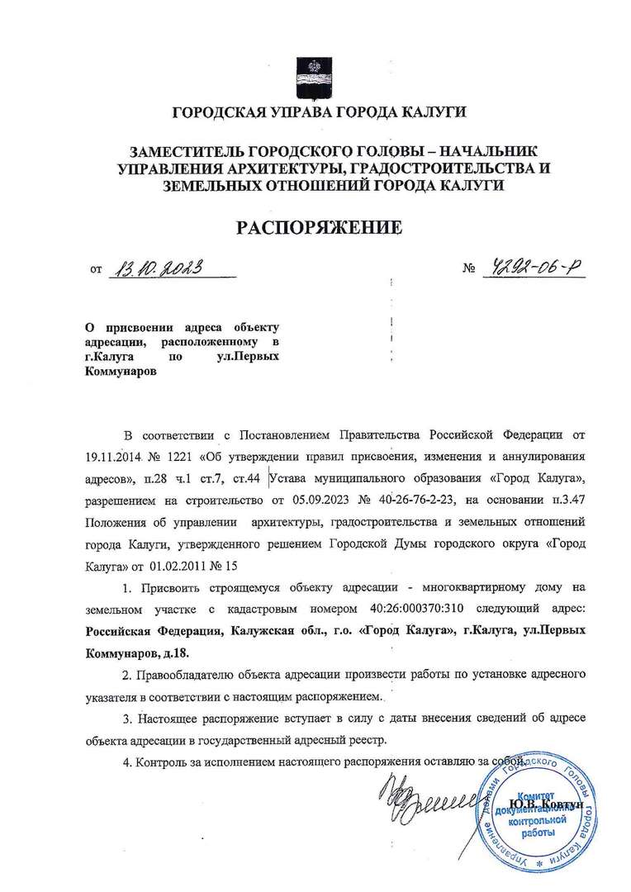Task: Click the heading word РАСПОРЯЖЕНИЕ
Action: [x=320, y=227]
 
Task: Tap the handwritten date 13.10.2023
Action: [x=157, y=268]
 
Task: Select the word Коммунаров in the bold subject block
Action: [x=120, y=372]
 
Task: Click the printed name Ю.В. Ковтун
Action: [x=546, y=804]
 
